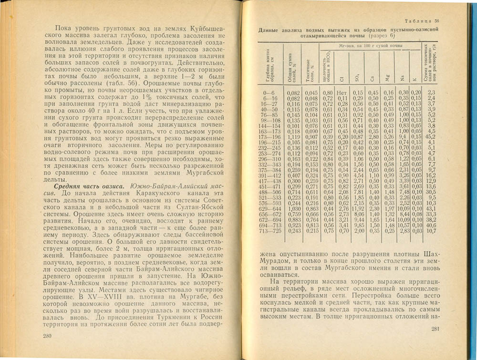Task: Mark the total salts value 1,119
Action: pos(294,136)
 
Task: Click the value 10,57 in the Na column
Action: pos(404,225)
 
